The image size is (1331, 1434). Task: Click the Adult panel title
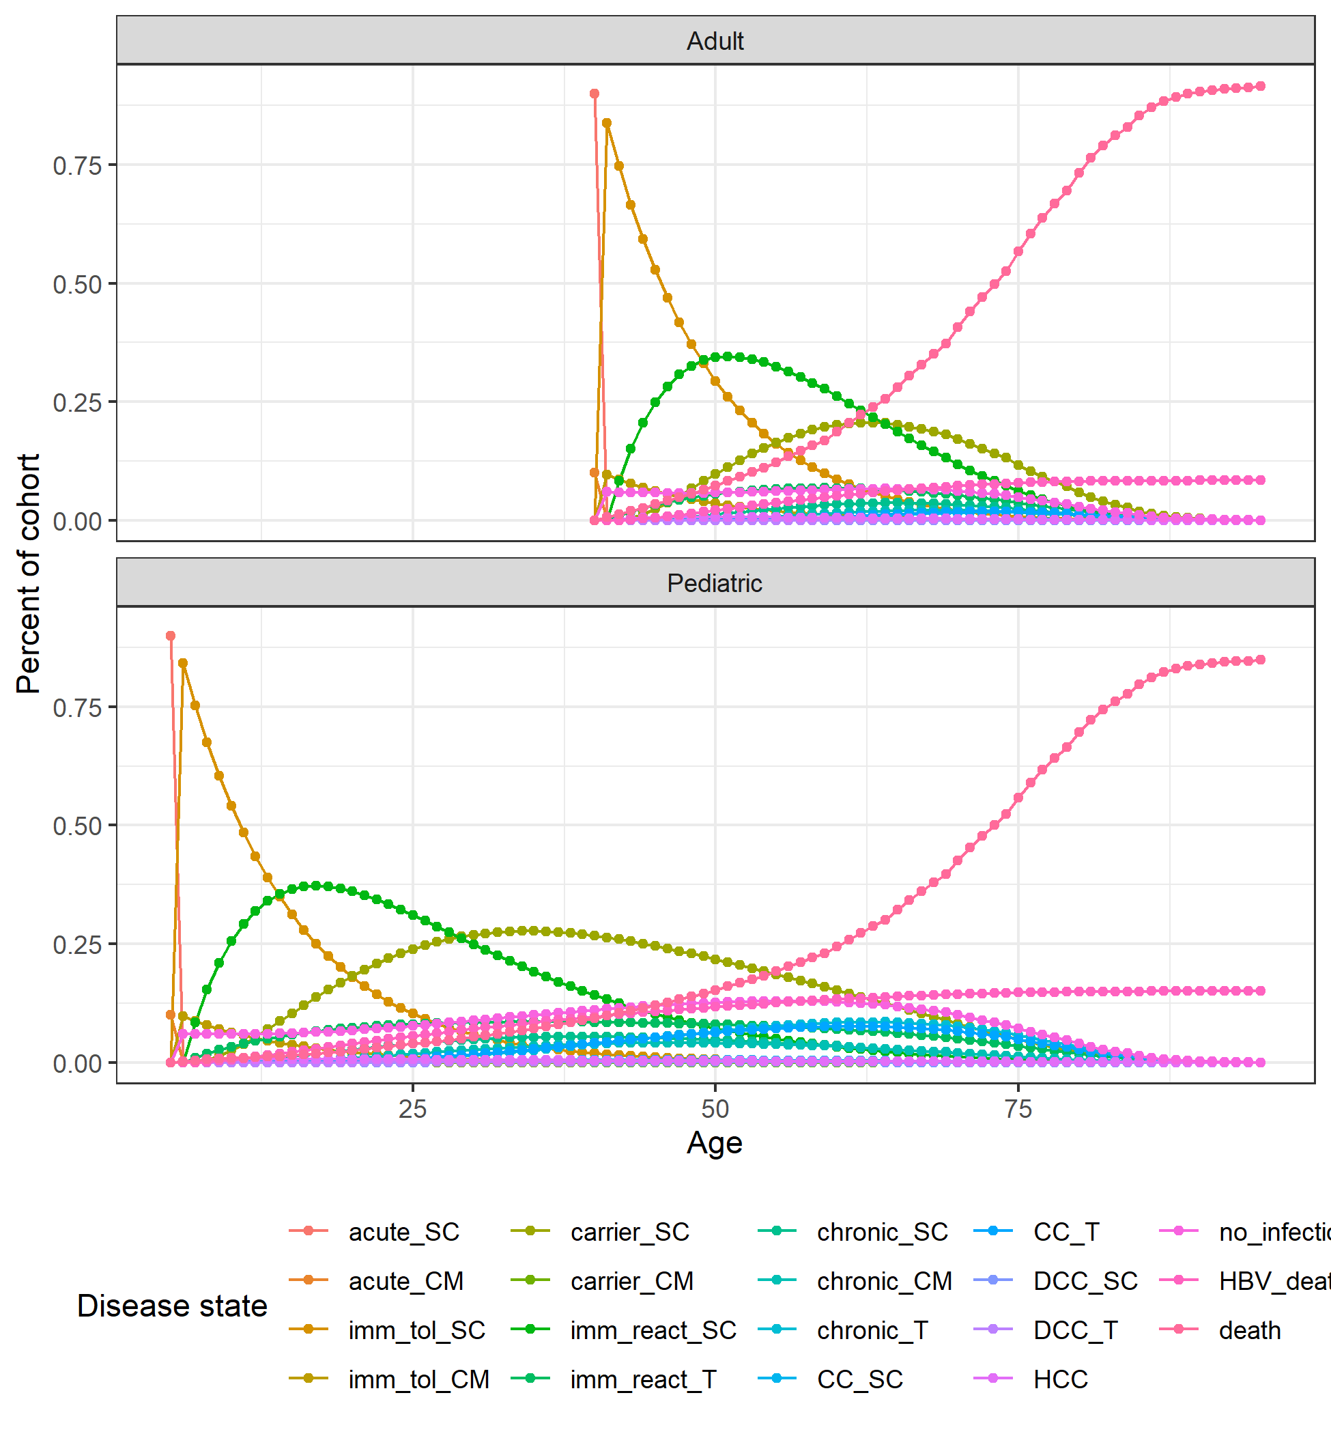click(x=715, y=41)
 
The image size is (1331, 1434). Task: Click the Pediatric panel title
click(x=715, y=583)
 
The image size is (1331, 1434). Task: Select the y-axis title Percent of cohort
click(x=29, y=574)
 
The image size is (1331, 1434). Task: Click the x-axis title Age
click(x=715, y=1144)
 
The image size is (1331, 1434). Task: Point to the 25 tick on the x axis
click(x=413, y=1109)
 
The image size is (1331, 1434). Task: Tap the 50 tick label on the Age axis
click(x=715, y=1109)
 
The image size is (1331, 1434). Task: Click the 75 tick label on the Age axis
click(x=1018, y=1109)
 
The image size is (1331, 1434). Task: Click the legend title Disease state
click(x=172, y=1306)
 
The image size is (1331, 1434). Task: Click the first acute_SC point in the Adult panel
click(x=595, y=94)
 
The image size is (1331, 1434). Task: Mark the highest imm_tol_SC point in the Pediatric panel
click(x=183, y=663)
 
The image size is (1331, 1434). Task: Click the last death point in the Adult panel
click(x=1261, y=87)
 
